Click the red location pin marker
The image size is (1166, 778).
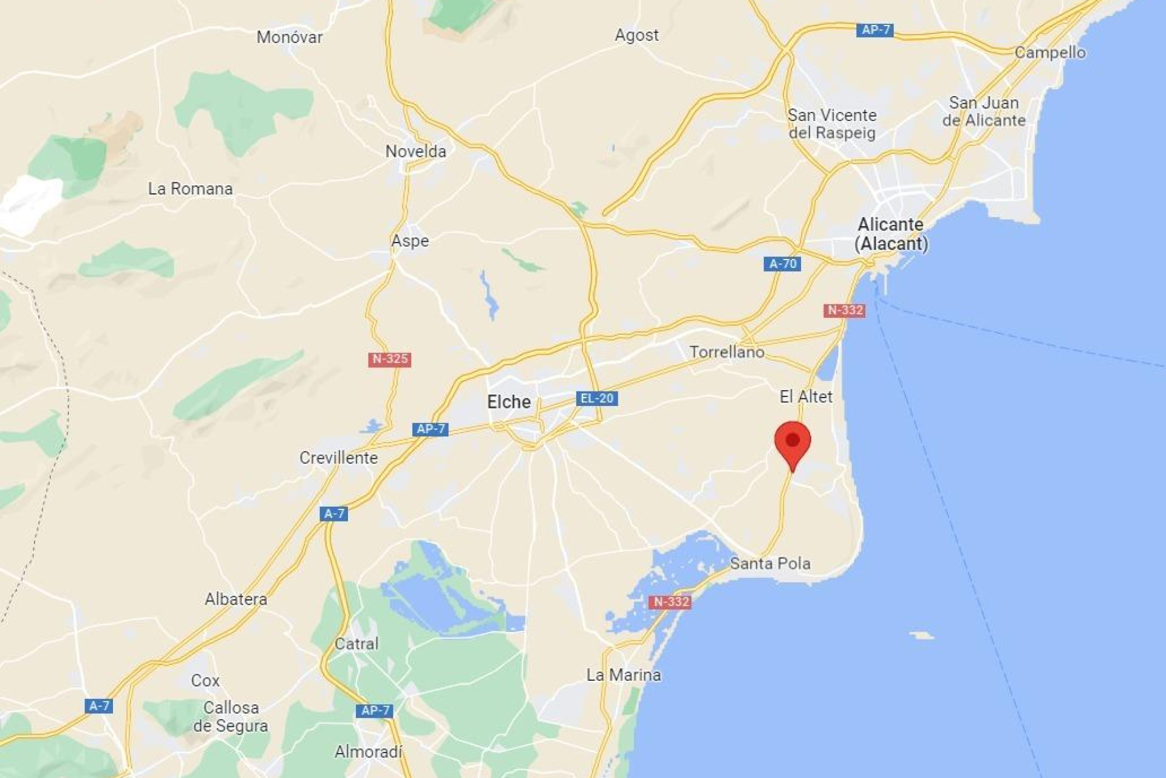coord(793,442)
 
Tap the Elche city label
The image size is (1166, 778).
coord(509,402)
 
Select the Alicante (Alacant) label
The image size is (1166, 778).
coord(891,234)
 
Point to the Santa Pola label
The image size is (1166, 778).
coord(770,563)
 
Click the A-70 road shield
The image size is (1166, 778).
coord(782,264)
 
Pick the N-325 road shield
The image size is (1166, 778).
coord(389,359)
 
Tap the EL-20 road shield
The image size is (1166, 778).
coord(596,399)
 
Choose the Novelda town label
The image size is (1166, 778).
coord(416,151)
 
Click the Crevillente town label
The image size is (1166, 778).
coord(338,458)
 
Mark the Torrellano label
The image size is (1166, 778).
coord(726,352)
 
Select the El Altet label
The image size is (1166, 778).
coord(806,397)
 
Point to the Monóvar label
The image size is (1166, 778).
coord(290,37)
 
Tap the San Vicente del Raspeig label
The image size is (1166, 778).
coord(832,124)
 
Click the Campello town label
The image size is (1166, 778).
coord(1050,52)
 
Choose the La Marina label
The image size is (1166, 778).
coord(624,675)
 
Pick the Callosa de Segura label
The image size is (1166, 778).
coord(231,717)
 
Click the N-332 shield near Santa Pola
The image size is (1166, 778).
coord(670,602)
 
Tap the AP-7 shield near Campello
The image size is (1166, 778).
coord(875,30)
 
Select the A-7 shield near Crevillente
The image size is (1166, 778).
coord(334,514)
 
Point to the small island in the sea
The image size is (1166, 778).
coord(922,635)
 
